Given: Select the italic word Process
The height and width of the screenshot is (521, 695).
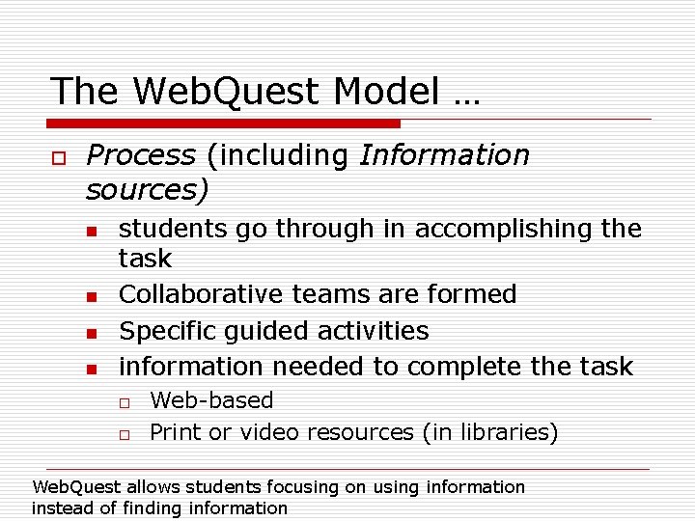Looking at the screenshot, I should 140,155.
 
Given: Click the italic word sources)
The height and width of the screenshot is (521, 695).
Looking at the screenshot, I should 147,190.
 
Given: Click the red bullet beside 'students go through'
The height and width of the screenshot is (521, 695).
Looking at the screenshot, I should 91,232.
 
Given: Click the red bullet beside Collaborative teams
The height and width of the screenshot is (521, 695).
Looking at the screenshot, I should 91,296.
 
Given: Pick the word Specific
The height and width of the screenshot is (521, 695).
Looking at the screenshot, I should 166,330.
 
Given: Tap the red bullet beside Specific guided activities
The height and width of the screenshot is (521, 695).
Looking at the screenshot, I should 91,333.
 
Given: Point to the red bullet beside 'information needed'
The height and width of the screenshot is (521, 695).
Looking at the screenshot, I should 91,369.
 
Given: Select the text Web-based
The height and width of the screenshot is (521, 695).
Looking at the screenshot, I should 211,400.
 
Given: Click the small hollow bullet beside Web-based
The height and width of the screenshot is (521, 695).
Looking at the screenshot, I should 125,402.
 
